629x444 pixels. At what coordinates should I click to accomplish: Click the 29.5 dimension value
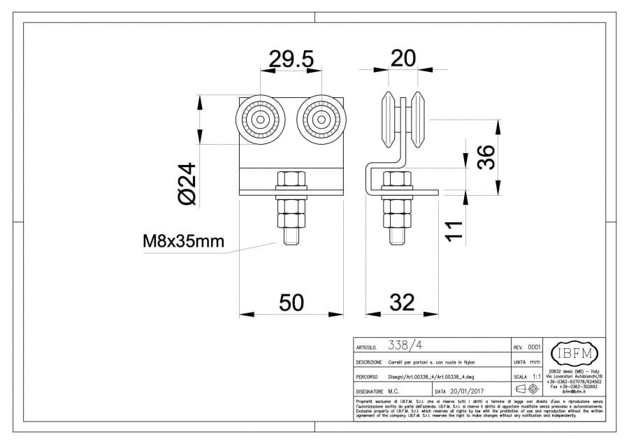(291, 60)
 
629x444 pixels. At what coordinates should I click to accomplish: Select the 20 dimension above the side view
(403, 59)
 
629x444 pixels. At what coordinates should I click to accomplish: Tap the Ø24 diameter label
(188, 184)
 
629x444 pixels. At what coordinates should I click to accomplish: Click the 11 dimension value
(454, 231)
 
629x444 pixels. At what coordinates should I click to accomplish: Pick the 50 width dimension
(291, 302)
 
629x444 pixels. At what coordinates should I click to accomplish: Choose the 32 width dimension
(401, 302)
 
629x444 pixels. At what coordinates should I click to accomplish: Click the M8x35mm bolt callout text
(183, 242)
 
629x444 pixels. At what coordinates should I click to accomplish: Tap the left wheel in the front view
(260, 120)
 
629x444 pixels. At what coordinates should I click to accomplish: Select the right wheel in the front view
(321, 120)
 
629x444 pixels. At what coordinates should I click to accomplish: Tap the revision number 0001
(535, 347)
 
